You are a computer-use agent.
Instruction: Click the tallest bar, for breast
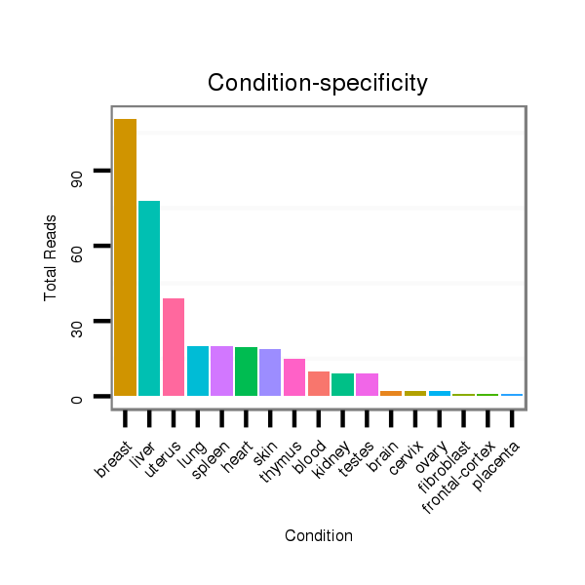tap(125, 257)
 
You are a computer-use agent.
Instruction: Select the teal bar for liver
tap(149, 298)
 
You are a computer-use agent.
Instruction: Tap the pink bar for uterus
tap(174, 347)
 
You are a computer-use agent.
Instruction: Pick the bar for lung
tap(198, 370)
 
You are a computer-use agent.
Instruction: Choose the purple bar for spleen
tap(221, 370)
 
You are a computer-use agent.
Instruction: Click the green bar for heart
tap(246, 371)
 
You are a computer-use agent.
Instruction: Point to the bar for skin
tap(270, 372)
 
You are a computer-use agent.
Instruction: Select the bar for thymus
tap(294, 377)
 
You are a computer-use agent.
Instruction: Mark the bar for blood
tap(319, 383)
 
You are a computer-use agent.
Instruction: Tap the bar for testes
tap(367, 384)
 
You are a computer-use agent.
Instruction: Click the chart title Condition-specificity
tap(318, 84)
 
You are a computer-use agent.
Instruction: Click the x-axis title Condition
tap(319, 535)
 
